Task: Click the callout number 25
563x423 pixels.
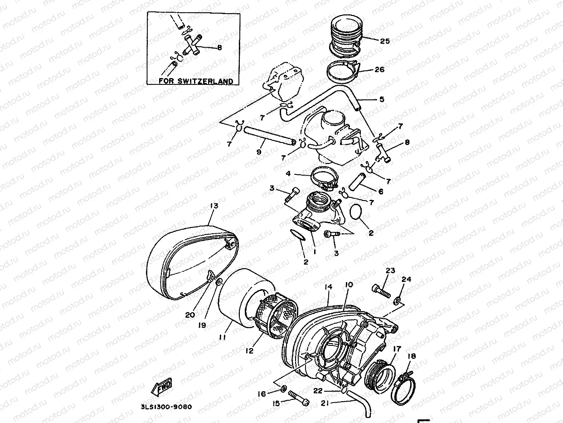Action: tap(384, 41)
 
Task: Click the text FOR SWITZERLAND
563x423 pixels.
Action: tap(196, 81)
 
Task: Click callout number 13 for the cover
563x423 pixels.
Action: tap(214, 206)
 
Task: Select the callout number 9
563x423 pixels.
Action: tap(259, 152)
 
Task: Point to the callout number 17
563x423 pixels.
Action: tap(397, 349)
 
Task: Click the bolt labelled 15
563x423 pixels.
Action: tap(297, 398)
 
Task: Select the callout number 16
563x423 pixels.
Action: tap(262, 394)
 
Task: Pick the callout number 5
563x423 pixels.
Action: tap(381, 99)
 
